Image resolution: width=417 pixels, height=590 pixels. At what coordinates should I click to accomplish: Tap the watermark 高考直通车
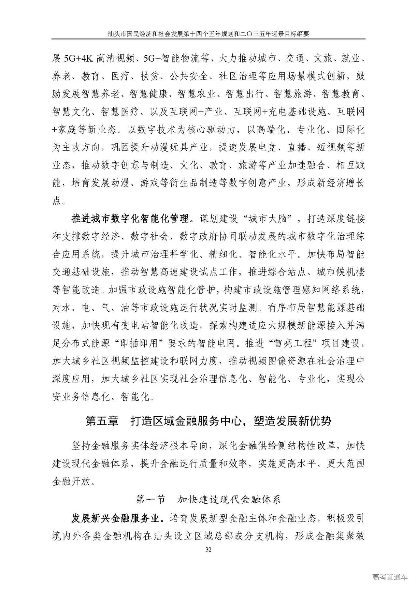(390, 577)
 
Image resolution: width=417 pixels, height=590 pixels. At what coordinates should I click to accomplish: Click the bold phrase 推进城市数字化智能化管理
(130, 219)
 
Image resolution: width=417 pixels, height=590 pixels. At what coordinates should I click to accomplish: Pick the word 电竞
(267, 148)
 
